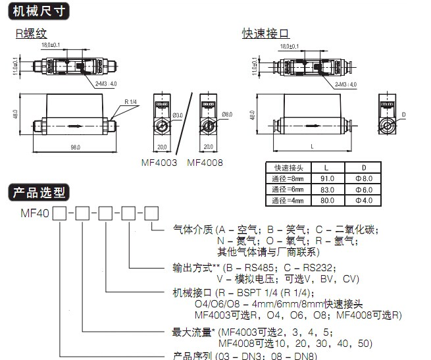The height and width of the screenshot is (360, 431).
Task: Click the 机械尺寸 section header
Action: (39, 10)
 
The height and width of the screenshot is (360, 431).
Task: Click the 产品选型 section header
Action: (39, 192)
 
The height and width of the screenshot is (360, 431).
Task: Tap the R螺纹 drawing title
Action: (32, 33)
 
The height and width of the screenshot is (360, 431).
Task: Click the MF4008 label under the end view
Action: (207, 162)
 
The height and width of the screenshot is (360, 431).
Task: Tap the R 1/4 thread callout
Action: (131, 103)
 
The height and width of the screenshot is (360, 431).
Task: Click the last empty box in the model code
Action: (151, 213)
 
